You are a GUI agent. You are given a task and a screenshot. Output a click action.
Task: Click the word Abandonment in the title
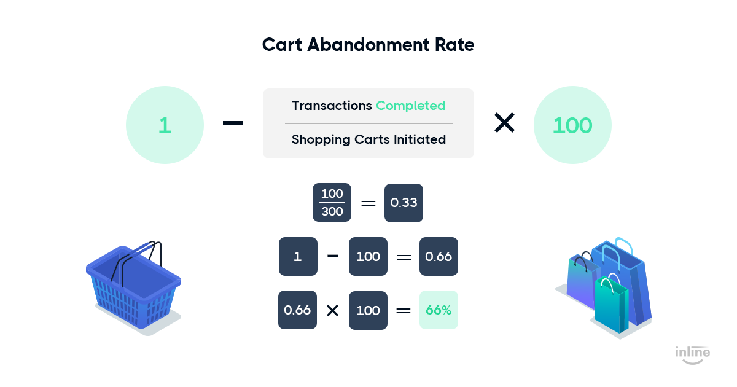(368, 45)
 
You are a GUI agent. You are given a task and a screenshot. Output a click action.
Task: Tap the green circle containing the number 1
(165, 125)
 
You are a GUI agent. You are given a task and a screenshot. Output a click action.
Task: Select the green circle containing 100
(572, 125)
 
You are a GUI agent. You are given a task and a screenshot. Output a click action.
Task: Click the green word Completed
(411, 106)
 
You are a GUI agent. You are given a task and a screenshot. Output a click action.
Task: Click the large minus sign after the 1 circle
(233, 123)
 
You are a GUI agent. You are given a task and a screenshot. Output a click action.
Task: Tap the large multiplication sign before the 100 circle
(504, 123)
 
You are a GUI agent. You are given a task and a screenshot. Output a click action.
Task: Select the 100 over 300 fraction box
(332, 202)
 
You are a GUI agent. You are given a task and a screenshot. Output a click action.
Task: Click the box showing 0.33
(404, 203)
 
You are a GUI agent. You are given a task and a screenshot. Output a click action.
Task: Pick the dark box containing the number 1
(298, 256)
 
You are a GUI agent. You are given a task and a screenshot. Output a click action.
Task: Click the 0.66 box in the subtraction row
(439, 256)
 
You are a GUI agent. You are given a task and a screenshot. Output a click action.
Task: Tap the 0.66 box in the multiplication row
(297, 310)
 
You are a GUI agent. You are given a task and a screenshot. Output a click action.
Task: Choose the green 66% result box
(439, 310)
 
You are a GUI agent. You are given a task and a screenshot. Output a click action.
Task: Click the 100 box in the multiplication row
(368, 310)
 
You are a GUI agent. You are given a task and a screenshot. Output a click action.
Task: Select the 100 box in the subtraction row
(368, 256)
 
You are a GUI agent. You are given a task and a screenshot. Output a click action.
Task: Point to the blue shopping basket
(133, 286)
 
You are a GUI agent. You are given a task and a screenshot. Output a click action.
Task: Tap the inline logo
(693, 355)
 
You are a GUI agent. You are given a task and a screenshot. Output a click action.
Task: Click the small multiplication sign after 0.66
(333, 310)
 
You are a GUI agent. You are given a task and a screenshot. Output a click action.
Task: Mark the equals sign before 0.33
(368, 203)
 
